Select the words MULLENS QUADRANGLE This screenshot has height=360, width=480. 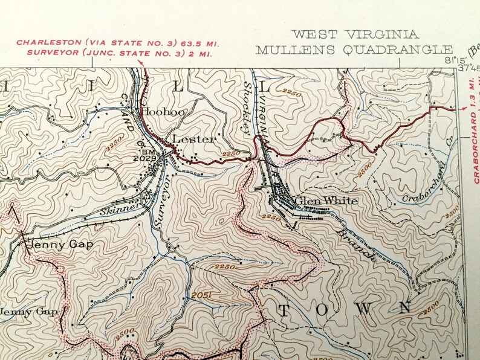[354, 50]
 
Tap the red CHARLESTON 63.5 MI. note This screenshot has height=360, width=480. [117, 43]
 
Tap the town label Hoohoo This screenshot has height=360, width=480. [163, 112]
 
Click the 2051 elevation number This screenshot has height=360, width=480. [203, 295]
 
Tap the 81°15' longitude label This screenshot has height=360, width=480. [452, 60]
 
